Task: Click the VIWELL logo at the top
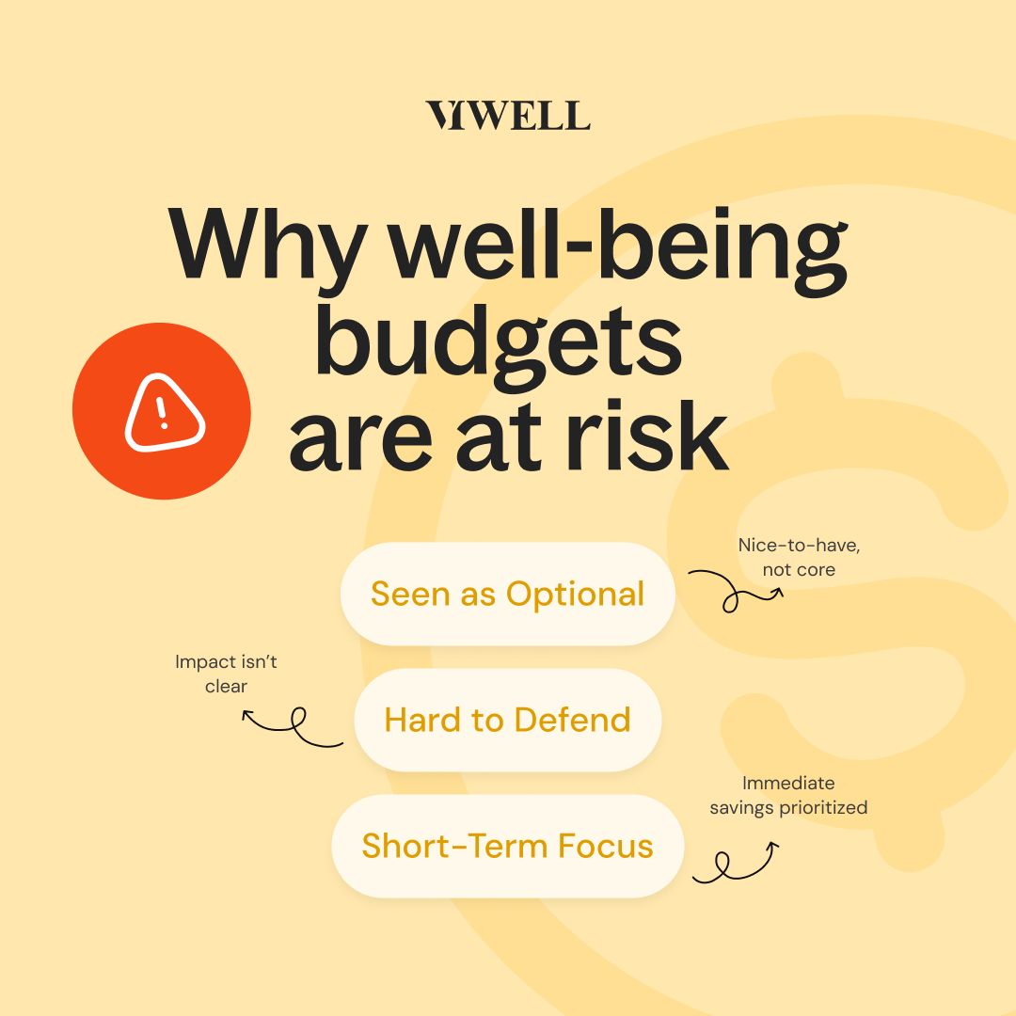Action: pos(508,115)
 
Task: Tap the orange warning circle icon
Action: pos(162,412)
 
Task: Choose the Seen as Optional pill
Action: pos(508,594)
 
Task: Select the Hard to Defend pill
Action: pos(508,720)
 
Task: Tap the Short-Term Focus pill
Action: pos(508,845)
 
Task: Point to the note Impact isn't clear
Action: pos(226,674)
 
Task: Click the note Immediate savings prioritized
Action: pos(788,795)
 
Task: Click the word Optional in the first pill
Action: pos(576,594)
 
